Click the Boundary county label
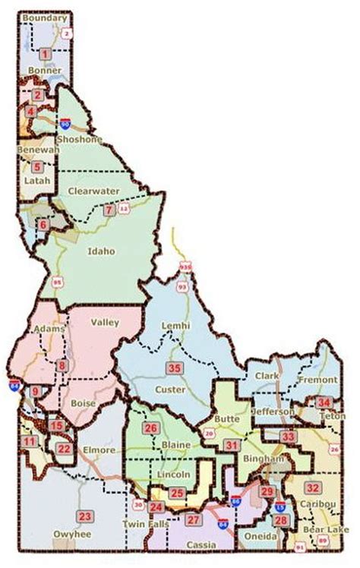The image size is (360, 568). (x=44, y=17)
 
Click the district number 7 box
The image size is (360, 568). (x=109, y=210)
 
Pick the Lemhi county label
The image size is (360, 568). (x=175, y=326)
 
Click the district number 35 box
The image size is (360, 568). (x=175, y=368)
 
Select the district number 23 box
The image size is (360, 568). (x=85, y=517)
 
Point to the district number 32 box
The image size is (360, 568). (x=311, y=487)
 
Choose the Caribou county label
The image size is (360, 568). (x=314, y=503)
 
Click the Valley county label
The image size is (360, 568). (x=105, y=323)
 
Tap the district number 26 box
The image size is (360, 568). (x=150, y=428)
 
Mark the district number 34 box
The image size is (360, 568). (x=324, y=402)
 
